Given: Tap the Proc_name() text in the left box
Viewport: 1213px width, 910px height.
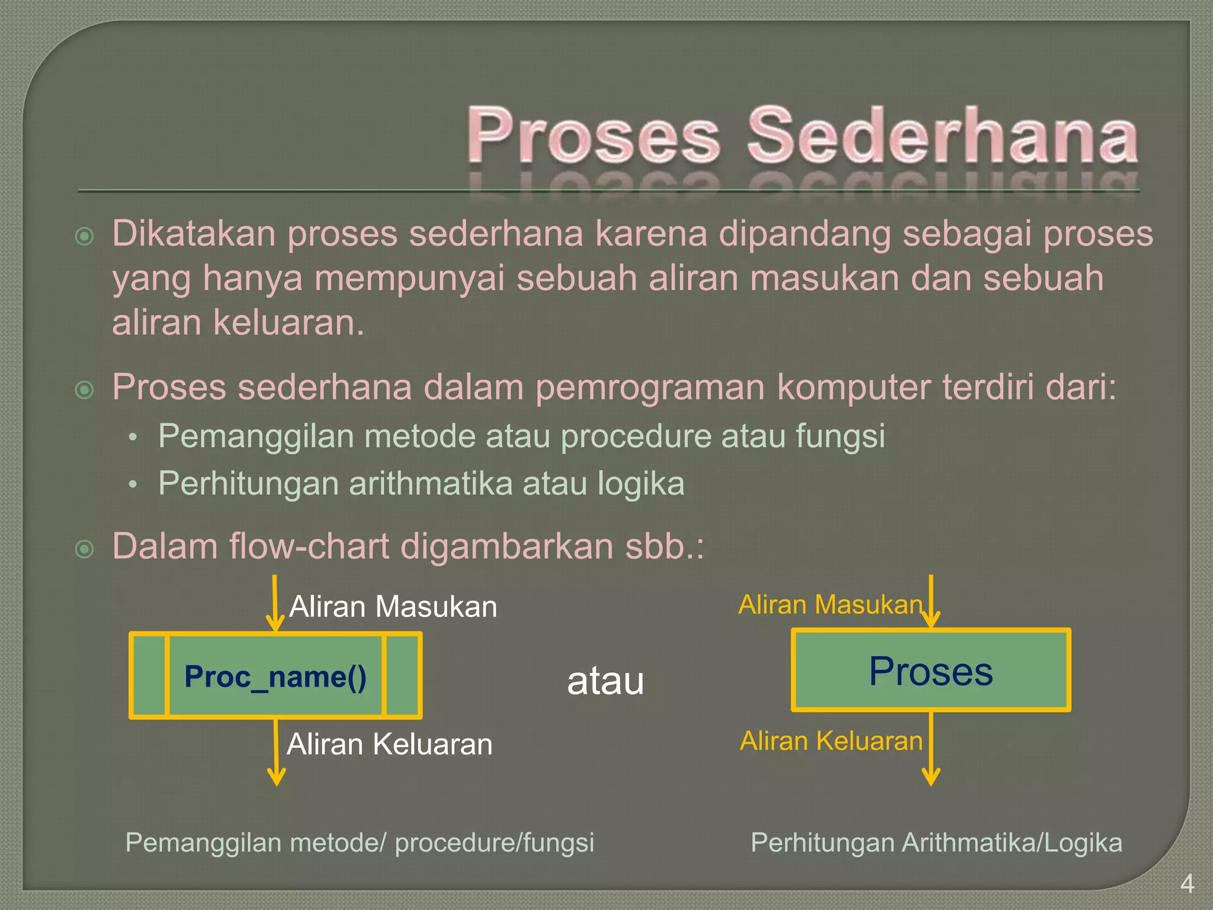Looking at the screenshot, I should click(275, 677).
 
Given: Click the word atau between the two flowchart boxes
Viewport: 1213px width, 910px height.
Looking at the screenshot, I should click(605, 681).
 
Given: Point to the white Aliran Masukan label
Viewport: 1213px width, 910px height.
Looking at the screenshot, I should click(393, 607).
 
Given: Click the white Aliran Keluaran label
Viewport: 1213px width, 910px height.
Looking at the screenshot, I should click(390, 744).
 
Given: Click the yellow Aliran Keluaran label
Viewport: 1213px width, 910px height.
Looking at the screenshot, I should click(831, 741).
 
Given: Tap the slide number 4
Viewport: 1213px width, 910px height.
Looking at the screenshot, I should click(1186, 884).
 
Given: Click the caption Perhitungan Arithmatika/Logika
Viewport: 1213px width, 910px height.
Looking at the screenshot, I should click(936, 842).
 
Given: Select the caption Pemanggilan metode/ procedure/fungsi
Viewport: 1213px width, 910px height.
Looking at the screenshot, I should click(360, 842).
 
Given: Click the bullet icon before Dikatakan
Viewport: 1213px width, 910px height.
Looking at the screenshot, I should click(85, 236).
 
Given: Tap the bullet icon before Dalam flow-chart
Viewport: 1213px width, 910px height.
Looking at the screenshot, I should click(85, 549).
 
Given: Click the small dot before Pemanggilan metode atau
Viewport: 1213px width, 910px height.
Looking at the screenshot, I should click(133, 438).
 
